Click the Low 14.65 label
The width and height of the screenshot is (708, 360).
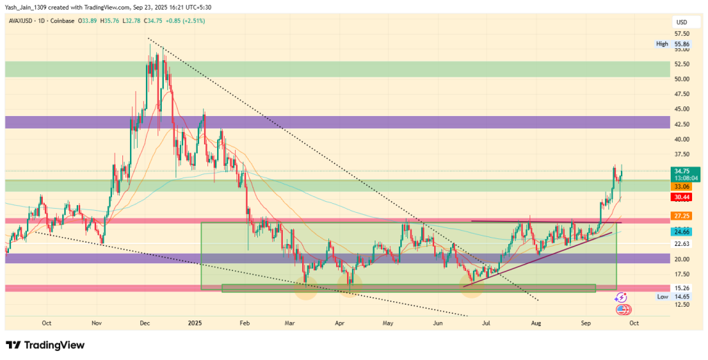tap(672, 296)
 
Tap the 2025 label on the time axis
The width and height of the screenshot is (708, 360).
tap(195, 323)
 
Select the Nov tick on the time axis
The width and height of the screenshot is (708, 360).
tap(96, 323)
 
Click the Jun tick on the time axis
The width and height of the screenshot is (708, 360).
tap(437, 323)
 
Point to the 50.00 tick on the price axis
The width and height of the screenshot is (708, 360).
tap(682, 79)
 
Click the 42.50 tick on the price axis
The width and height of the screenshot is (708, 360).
tap(682, 124)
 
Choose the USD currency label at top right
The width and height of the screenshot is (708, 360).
tap(682, 22)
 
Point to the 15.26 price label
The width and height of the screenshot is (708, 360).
tap(682, 287)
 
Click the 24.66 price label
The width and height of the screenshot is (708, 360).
tap(682, 231)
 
